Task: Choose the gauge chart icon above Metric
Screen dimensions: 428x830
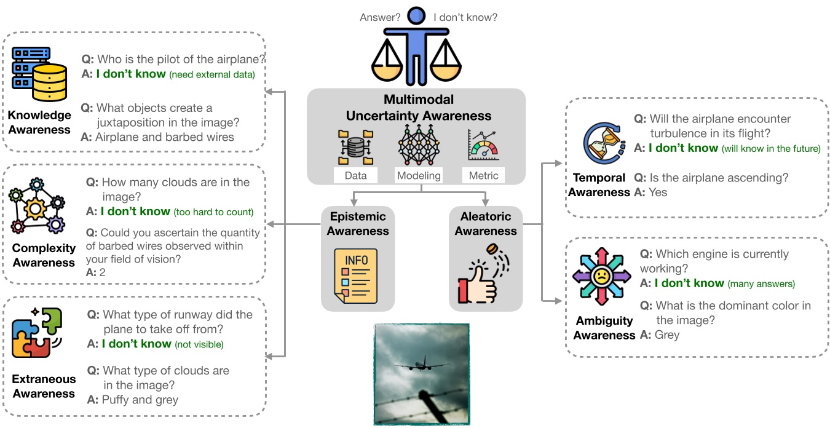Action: [484, 146]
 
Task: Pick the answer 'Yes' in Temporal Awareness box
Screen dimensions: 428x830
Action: [658, 192]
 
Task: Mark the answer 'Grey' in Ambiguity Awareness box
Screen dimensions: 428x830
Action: [667, 335]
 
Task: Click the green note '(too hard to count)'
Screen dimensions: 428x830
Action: [213, 212]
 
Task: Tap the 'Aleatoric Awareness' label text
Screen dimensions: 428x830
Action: [486, 224]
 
